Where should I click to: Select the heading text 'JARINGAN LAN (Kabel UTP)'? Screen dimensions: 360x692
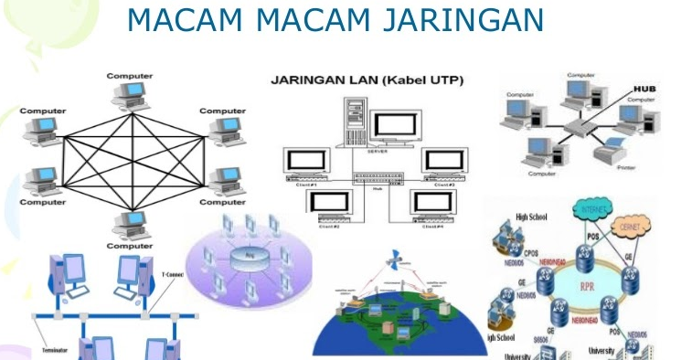point(367,81)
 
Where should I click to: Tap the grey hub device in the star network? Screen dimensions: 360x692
point(575,128)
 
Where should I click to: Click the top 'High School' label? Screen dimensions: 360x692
point(532,217)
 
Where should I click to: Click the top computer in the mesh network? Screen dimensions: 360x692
point(130,91)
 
